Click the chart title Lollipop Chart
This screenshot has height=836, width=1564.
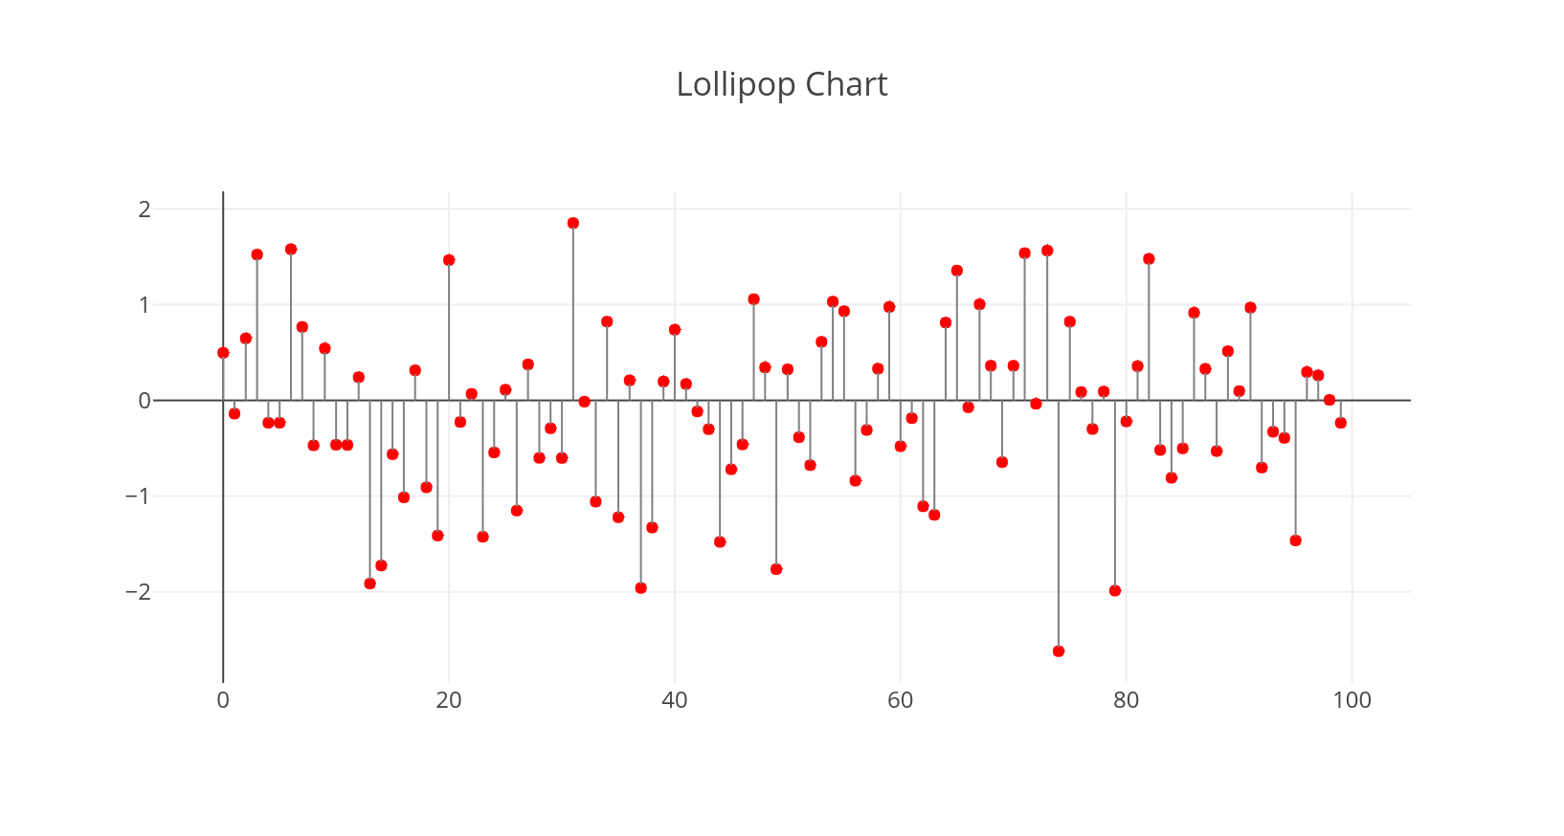781,84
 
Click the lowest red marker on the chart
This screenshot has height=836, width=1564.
1059,651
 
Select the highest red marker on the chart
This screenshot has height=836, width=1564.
573,223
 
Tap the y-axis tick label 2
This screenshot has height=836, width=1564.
145,209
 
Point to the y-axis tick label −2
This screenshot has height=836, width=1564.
139,592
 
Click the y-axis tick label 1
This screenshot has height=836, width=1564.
145,305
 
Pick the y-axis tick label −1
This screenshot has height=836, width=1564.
139,496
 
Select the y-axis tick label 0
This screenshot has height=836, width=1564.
145,401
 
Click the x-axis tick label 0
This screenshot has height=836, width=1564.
223,700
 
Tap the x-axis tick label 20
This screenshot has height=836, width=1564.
449,700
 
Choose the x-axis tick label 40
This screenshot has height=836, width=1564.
675,700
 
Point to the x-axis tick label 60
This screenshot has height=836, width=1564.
901,700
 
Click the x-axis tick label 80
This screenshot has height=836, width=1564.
1127,700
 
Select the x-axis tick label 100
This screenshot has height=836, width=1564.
1352,700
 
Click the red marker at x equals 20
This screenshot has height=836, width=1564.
449,260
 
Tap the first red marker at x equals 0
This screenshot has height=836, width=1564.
223,353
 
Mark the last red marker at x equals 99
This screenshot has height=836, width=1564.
1341,423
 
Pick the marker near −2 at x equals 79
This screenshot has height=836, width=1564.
1115,591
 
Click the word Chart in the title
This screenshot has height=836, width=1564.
846,84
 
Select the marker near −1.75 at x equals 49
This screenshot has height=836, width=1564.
776,569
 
